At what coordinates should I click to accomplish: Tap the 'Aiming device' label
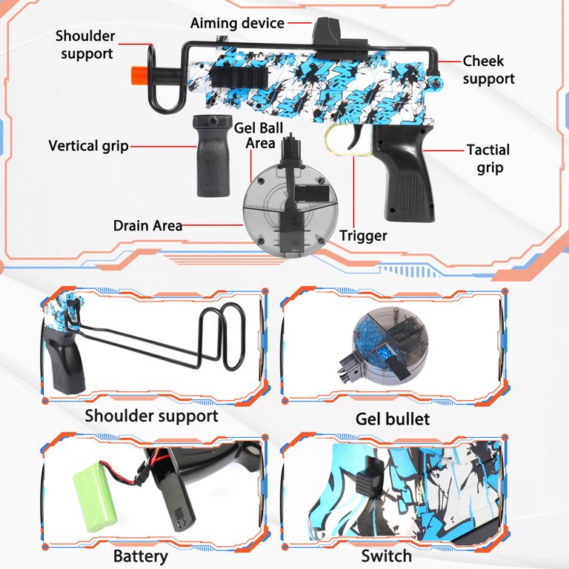[x=237, y=23]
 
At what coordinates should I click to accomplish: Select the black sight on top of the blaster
[x=324, y=33]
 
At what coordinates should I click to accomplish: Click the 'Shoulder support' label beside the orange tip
[x=86, y=44]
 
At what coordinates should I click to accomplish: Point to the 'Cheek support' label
[x=488, y=70]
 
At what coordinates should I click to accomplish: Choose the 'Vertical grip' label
[x=88, y=146]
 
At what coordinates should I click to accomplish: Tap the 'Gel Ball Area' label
[x=255, y=136]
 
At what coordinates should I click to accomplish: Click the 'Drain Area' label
[x=147, y=225]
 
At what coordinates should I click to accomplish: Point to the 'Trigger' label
[x=363, y=236]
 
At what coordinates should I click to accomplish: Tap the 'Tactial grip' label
[x=488, y=159]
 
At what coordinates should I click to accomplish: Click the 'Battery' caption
[x=140, y=556]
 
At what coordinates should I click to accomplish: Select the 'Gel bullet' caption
[x=392, y=419]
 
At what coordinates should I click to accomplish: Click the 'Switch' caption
[x=386, y=556]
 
